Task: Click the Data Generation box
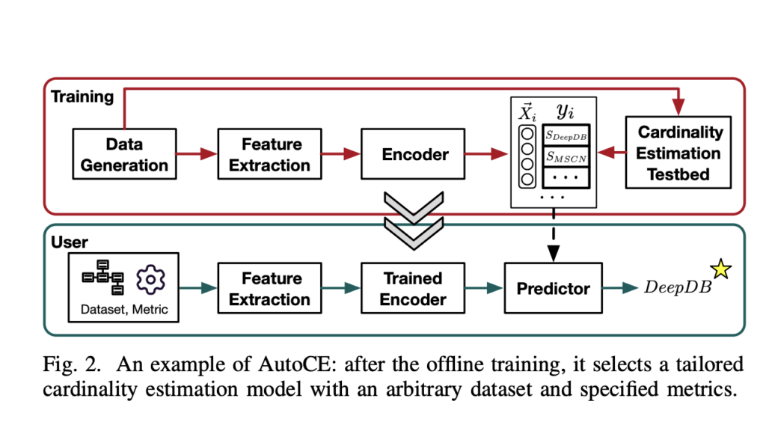[x=125, y=154]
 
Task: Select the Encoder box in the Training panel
[x=415, y=154]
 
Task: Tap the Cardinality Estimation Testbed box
[x=679, y=153]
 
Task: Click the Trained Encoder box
[x=413, y=289]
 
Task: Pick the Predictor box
[x=553, y=289]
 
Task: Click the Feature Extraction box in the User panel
[x=270, y=289]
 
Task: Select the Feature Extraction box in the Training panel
[x=271, y=154]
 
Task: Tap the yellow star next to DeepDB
[x=723, y=267]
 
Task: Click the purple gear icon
[x=150, y=278]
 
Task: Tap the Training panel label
[x=82, y=97]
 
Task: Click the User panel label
[x=69, y=242]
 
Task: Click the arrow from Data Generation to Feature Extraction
[x=197, y=154]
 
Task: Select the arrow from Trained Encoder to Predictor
[x=482, y=289]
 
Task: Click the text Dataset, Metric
[x=124, y=309]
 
